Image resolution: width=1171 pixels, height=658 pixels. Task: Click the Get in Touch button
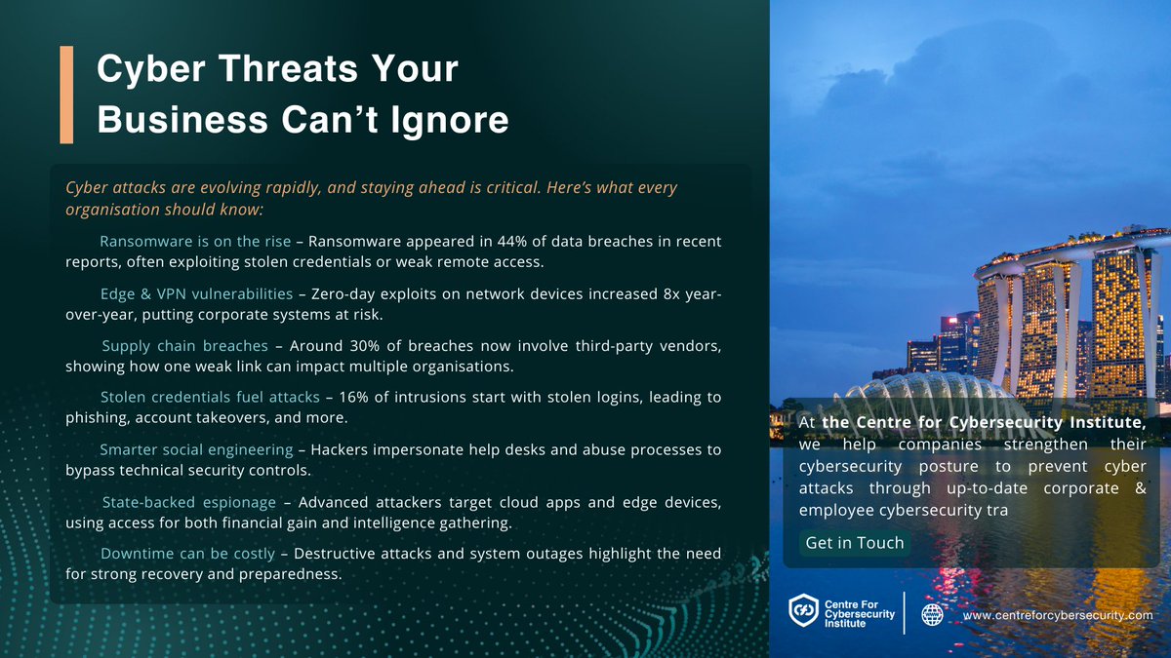pos(855,543)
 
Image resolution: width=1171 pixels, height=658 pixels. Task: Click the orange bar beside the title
pos(66,95)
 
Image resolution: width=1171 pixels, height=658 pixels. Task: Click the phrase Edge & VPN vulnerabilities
pos(196,293)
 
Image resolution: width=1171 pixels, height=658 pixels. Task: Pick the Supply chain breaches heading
pos(184,346)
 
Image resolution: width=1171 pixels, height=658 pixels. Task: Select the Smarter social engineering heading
pos(196,449)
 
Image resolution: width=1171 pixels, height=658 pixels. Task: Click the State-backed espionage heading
pos(189,502)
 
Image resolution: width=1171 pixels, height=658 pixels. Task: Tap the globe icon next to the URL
pos(933,615)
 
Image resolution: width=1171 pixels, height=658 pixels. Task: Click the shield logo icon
pos(803,612)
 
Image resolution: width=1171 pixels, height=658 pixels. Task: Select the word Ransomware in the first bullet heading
pos(145,241)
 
